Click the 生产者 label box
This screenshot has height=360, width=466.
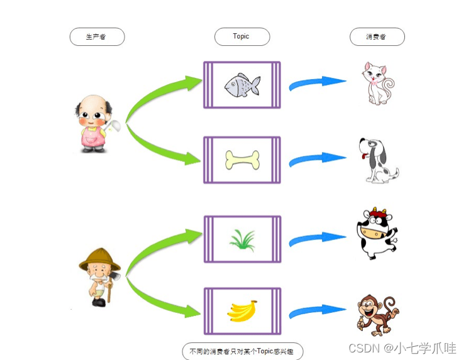(x=97, y=37)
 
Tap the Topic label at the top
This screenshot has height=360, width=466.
(x=241, y=36)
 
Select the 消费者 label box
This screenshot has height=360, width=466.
(x=377, y=37)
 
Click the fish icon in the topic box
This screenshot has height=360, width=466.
(x=242, y=84)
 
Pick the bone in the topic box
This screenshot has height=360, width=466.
(x=242, y=160)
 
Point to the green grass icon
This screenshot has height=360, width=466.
(x=243, y=239)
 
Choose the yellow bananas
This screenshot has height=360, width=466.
(x=242, y=310)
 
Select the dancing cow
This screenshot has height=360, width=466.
(x=376, y=232)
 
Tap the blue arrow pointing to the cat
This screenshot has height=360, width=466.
(x=318, y=82)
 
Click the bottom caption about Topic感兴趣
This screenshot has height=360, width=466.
(x=242, y=351)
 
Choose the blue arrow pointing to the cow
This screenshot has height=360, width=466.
(x=318, y=239)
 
